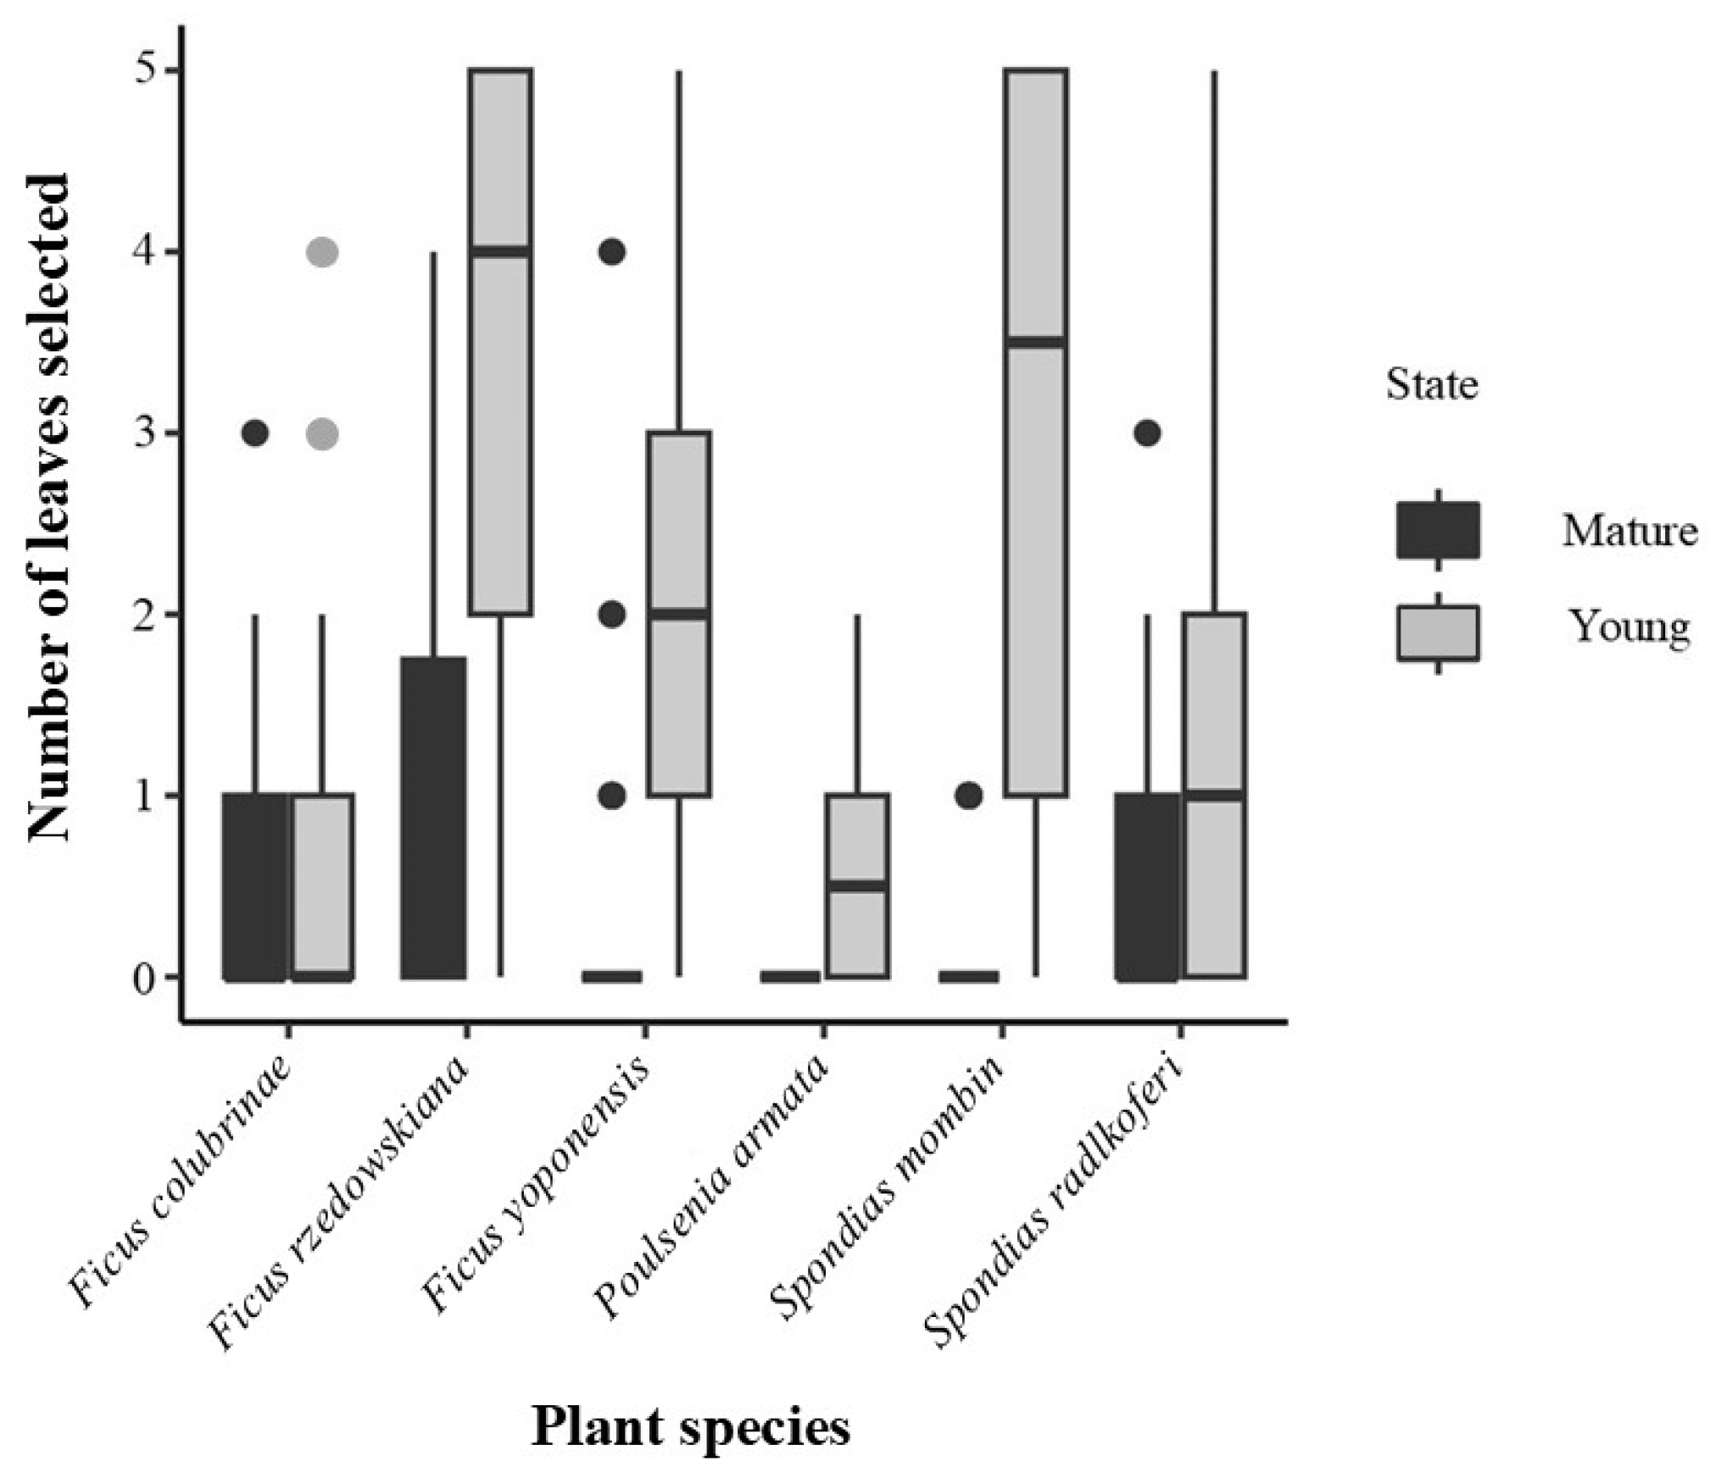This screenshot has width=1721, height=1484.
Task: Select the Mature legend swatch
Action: click(x=1438, y=530)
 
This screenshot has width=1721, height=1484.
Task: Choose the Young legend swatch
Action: click(x=1438, y=633)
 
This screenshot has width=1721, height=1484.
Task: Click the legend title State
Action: click(x=1432, y=385)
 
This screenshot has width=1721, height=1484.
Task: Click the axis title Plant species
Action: click(x=690, y=1426)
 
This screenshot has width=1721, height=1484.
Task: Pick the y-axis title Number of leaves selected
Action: click(x=49, y=507)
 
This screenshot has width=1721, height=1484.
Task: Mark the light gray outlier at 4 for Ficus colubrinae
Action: click(x=322, y=252)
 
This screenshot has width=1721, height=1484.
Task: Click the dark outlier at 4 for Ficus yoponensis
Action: click(x=611, y=252)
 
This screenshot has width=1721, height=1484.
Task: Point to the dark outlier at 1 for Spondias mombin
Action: click(x=969, y=795)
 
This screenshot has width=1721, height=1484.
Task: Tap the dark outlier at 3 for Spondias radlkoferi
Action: click(x=1147, y=433)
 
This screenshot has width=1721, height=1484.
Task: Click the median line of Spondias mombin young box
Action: click(x=1035, y=342)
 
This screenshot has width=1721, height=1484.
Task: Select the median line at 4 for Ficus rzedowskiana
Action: click(x=500, y=251)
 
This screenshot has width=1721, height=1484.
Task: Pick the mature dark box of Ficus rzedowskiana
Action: click(x=433, y=818)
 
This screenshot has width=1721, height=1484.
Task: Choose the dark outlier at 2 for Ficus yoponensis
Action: click(x=611, y=614)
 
